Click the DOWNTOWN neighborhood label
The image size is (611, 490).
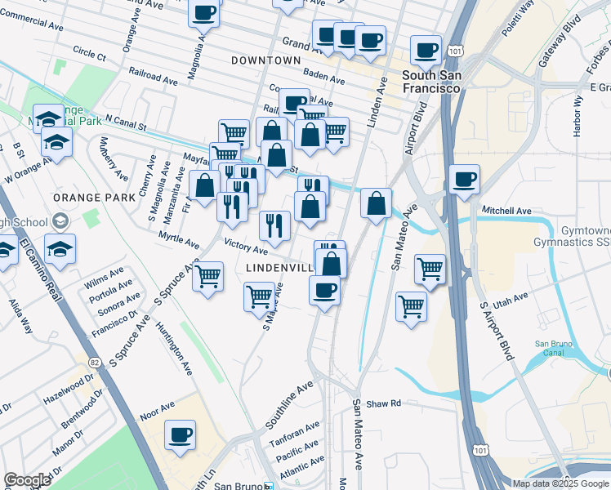[x=267, y=61]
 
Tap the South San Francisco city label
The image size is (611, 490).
[x=431, y=82]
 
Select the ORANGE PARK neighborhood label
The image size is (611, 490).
[x=87, y=198]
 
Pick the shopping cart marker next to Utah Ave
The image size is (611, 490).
[x=411, y=307]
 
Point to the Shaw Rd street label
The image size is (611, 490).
[x=384, y=403]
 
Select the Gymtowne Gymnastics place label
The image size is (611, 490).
[x=571, y=237]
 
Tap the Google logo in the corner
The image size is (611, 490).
[x=28, y=480]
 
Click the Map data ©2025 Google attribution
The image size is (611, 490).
[x=560, y=483]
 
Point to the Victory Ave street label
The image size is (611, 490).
[x=245, y=245]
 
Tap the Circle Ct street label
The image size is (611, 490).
[x=89, y=54]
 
